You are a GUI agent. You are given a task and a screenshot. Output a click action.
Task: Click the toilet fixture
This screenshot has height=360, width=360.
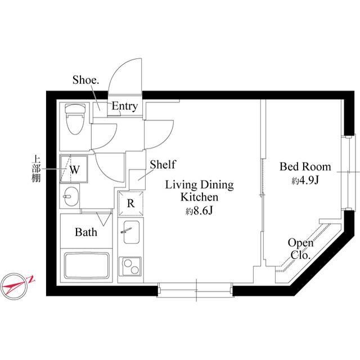pos(74,120)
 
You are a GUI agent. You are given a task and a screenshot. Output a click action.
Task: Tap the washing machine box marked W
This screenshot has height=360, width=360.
pos(74,168)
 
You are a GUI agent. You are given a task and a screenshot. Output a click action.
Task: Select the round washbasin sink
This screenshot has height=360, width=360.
pos(71,197)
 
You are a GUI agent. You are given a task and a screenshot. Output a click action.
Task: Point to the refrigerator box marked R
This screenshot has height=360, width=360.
pos(130,204)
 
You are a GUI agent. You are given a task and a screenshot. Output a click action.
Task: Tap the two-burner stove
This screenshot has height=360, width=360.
pos(130,265)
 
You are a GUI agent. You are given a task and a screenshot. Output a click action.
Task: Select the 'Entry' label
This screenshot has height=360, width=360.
pos(124,106)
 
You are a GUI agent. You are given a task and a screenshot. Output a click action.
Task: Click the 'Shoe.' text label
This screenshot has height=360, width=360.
pos(86,80)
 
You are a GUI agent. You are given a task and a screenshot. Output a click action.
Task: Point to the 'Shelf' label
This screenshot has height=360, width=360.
pos(163,165)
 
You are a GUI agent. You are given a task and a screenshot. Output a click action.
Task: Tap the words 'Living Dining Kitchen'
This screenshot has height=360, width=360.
pos(199,191)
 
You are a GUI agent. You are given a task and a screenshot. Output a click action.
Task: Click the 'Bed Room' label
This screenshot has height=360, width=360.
pos(305,167)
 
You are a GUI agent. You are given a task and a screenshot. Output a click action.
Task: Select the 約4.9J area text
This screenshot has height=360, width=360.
pos(305,181)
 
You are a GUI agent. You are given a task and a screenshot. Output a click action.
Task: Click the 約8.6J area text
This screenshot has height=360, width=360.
pos(199,211)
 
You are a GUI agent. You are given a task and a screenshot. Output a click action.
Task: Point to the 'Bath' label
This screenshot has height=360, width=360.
pos(86,232)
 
